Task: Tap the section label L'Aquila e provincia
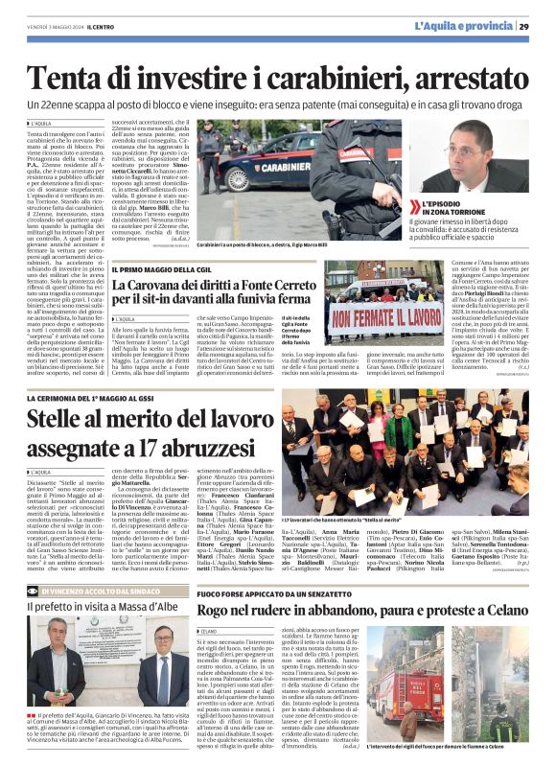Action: click(x=465, y=26)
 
